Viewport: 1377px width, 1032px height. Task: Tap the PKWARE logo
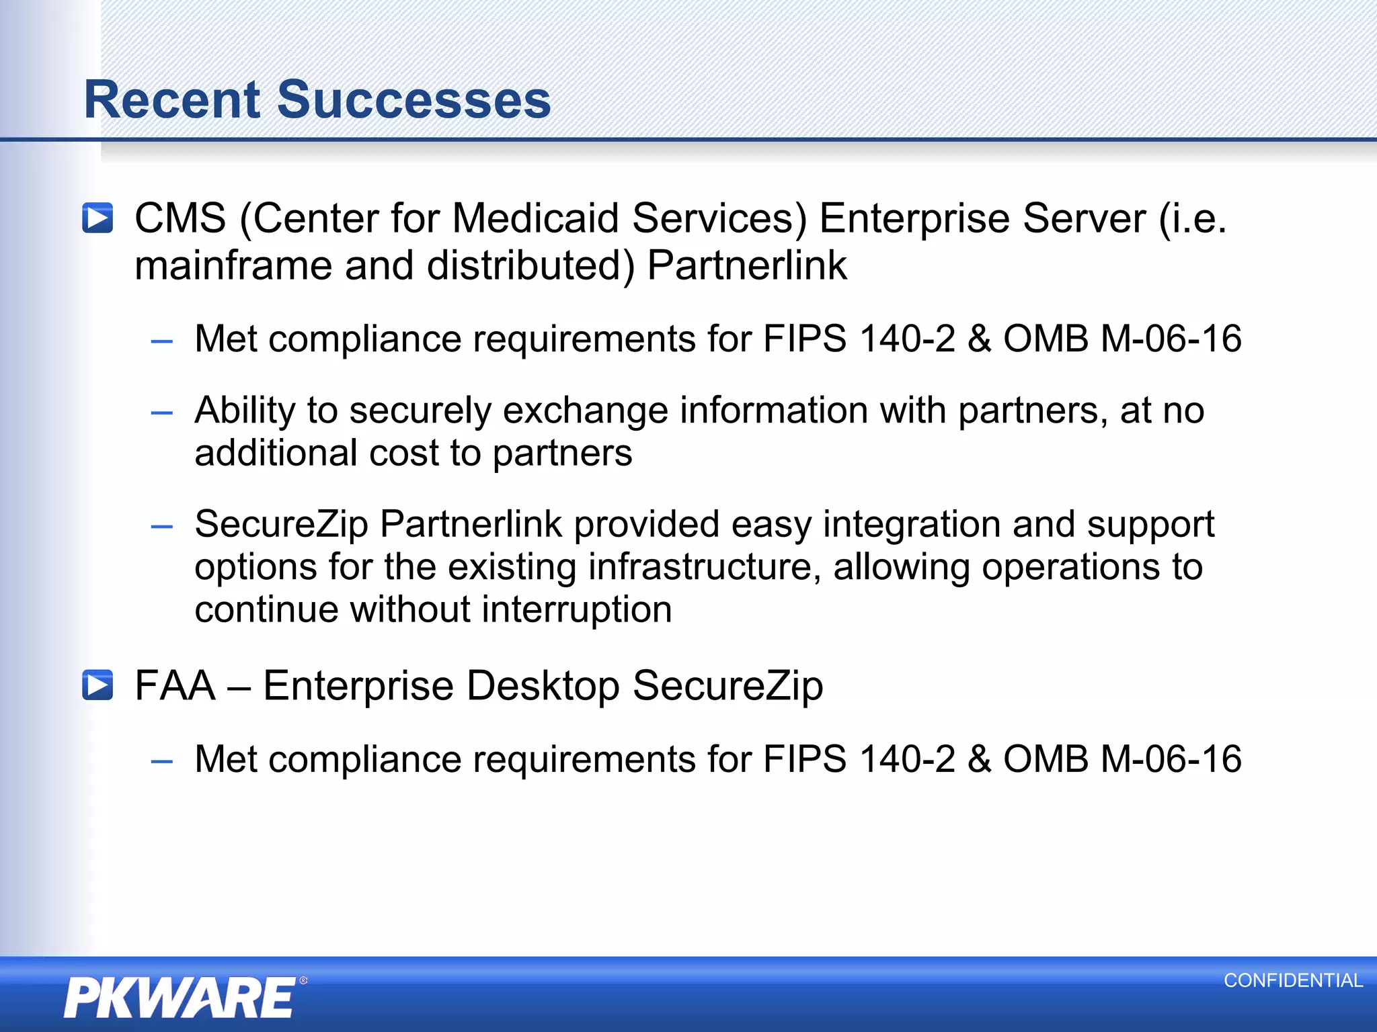click(180, 997)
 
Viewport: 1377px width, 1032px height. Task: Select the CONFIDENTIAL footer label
click(1293, 980)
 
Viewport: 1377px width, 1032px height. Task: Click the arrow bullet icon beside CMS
click(97, 218)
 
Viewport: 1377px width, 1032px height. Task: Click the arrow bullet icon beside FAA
click(97, 685)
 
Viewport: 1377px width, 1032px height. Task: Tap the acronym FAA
click(175, 685)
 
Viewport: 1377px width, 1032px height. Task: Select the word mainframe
click(233, 265)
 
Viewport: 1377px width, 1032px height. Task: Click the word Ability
click(245, 411)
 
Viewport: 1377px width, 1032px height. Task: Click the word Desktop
click(543, 686)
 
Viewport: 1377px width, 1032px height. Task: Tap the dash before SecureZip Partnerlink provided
click(162, 526)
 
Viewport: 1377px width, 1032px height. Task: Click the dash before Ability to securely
click(162, 412)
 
